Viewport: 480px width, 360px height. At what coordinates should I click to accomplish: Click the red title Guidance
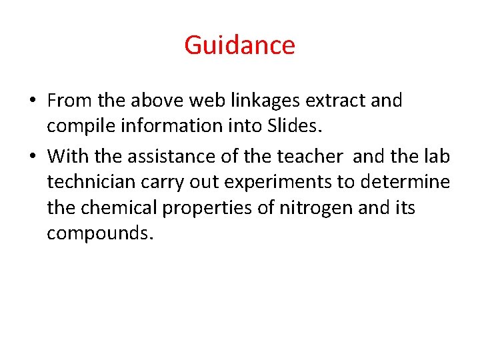pos(239,45)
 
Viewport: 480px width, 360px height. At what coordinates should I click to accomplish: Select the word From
pos(70,101)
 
